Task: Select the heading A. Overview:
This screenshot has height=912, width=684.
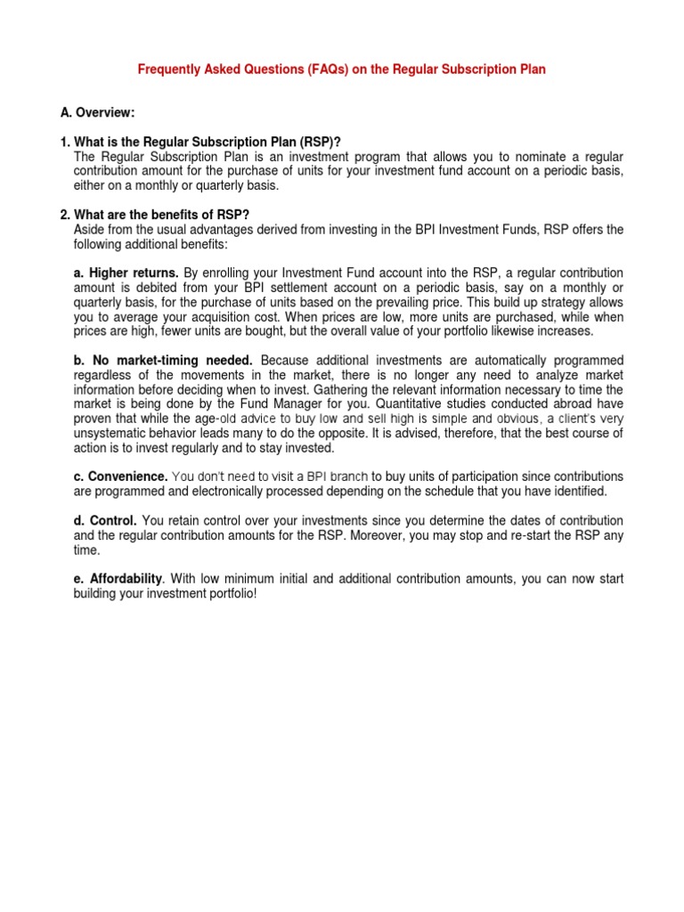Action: [98, 112]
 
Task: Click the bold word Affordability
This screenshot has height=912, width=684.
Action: [118, 579]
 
